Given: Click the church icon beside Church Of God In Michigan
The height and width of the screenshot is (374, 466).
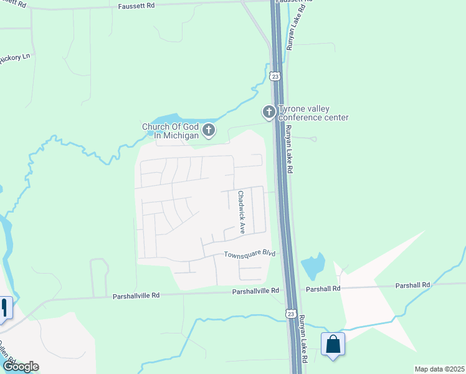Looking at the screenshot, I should coord(209,130).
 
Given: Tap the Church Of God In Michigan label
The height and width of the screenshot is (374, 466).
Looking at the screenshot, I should coord(170,131).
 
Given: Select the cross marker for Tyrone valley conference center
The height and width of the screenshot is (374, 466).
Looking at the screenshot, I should coord(269,112).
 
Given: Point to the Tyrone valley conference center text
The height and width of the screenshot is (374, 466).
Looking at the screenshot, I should coord(313,113).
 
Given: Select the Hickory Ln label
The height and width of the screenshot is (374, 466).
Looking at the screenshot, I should coord(15,57).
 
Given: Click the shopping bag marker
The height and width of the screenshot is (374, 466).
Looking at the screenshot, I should coord(333,345).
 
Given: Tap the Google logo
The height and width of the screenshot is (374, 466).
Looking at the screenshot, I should coord(20,367).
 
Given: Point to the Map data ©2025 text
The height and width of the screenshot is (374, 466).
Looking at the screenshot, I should coord(439,369).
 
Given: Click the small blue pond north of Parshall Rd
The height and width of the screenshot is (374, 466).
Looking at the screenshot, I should coord(313,266).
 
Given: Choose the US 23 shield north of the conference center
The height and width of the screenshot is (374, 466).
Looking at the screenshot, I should coord(275,75).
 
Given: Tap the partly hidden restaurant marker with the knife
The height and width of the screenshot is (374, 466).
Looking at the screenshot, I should coord(5,307).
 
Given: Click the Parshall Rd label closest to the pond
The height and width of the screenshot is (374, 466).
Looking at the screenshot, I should coord(323,289).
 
